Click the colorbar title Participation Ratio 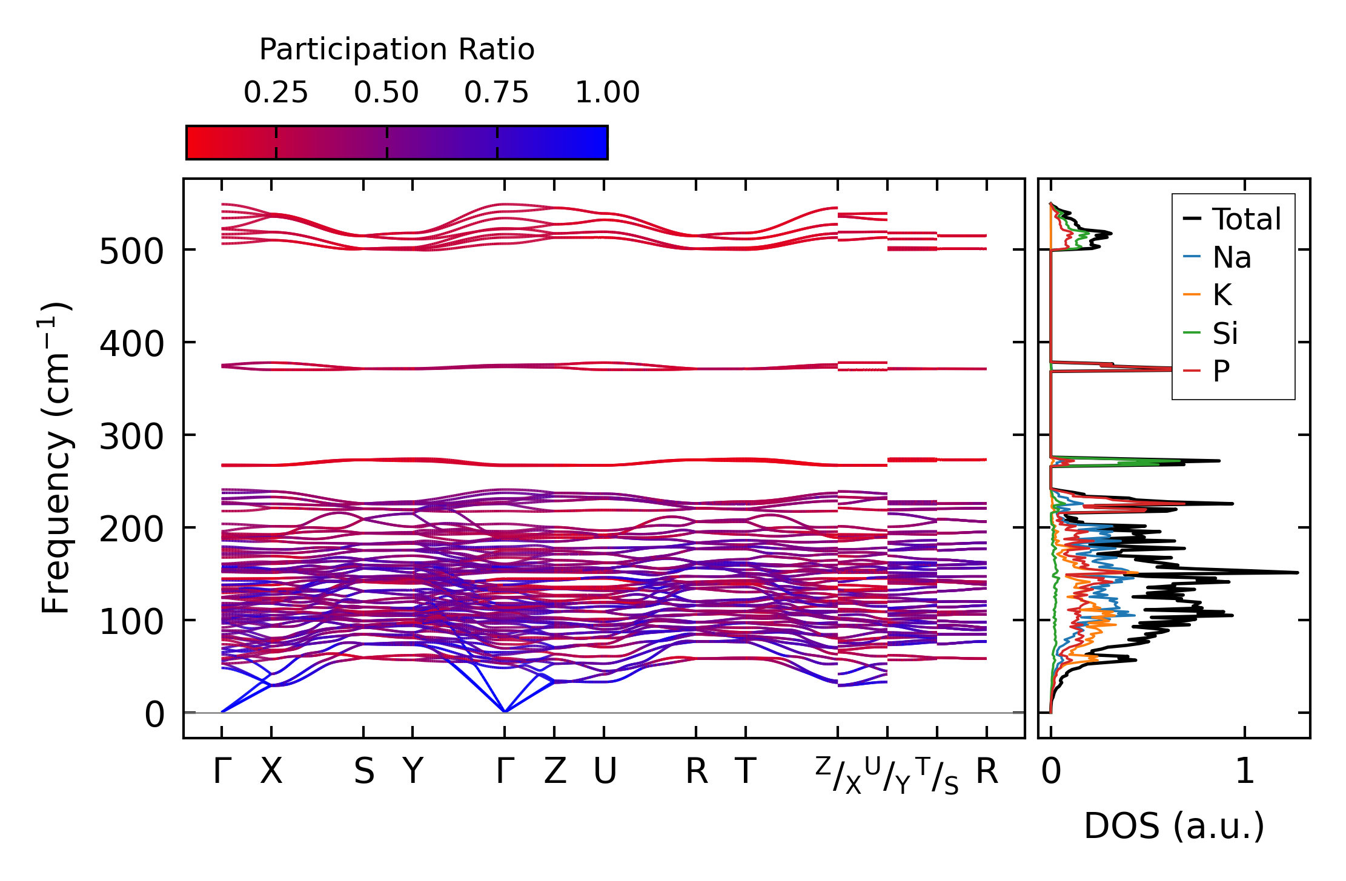pos(397,50)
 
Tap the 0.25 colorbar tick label pos(276,93)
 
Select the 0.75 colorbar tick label pos(497,93)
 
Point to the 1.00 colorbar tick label pos(607,93)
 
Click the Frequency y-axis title pos(56,458)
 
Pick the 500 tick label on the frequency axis pos(131,251)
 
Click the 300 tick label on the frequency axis pos(131,437)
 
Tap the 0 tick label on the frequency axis pos(154,714)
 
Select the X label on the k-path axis pos(271,771)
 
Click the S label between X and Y pos(364,771)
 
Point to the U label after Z pos(605,771)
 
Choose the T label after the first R pos(746,771)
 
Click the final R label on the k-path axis pos(987,771)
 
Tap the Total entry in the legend pos(1246,219)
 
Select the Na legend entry pos(1232,257)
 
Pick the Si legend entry pos(1225,333)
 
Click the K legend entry pos(1222,295)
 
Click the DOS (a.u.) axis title pos(1174,826)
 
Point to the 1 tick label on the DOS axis pos(1245,771)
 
